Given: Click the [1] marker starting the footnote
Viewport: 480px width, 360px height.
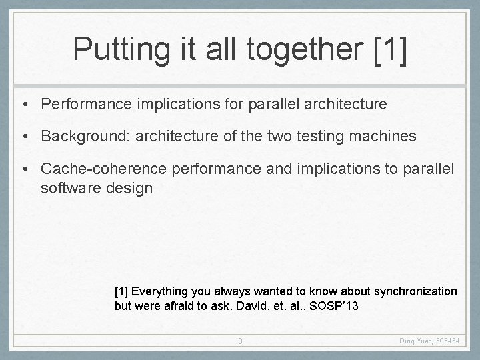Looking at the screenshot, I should (x=121, y=291).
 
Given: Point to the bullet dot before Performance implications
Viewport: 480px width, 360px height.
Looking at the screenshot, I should (x=24, y=104).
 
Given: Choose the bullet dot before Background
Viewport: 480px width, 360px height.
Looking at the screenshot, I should (x=24, y=137).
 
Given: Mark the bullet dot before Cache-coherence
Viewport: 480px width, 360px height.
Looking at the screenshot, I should (x=24, y=169).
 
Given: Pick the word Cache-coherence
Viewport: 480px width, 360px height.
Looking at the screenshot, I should (x=103, y=169).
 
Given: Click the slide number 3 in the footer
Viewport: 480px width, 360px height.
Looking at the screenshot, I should (x=241, y=342).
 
